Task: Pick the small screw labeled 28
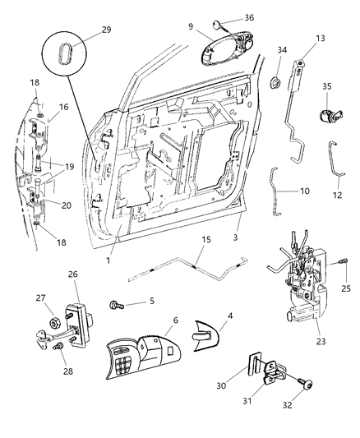(x=58, y=348)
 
